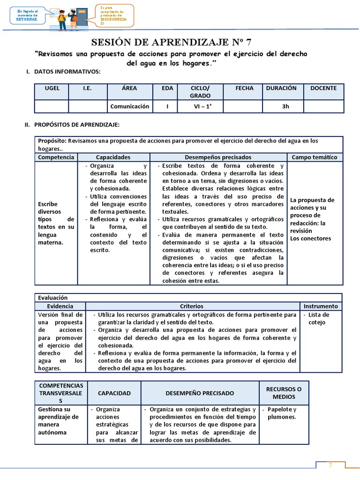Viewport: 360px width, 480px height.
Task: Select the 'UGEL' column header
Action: click(x=52, y=88)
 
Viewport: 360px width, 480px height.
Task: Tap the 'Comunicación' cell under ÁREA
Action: click(x=130, y=106)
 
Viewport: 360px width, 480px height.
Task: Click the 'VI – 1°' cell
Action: click(x=200, y=106)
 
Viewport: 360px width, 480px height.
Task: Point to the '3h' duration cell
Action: click(x=285, y=106)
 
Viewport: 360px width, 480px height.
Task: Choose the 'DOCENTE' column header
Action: click(x=323, y=88)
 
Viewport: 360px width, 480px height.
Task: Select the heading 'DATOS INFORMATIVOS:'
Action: click(x=67, y=72)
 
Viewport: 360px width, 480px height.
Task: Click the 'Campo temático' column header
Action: click(x=315, y=157)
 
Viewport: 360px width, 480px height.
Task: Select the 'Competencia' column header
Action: click(x=56, y=157)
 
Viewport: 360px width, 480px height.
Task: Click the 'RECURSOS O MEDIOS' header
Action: click(x=284, y=393)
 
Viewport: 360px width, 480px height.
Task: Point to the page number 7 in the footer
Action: click(x=330, y=465)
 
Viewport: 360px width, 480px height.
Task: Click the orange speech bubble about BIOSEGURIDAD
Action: click(x=115, y=15)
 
